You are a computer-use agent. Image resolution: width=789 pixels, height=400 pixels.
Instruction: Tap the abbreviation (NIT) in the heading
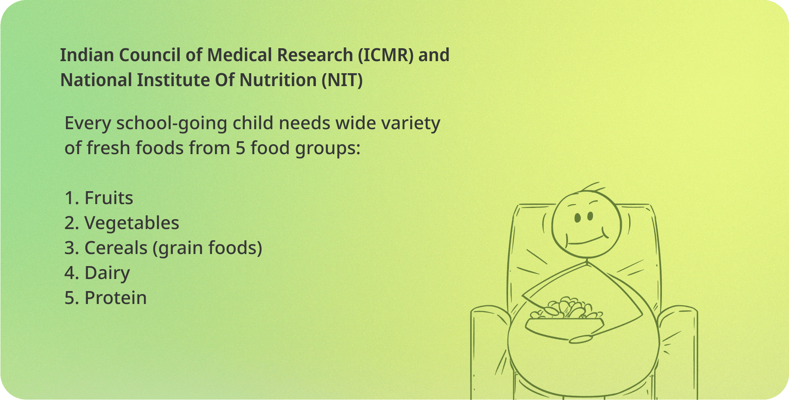point(343,81)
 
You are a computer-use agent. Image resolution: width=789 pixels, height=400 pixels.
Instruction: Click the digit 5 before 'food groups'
point(240,148)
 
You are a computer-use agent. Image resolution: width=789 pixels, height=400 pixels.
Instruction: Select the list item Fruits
point(109,198)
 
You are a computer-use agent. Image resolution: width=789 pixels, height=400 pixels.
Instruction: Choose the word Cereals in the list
point(116,248)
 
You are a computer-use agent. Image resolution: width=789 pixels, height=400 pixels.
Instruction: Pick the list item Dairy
point(107,273)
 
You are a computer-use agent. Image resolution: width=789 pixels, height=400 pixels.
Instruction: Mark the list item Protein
point(115,298)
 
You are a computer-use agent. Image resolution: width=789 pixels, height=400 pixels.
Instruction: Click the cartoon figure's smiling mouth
point(587,239)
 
